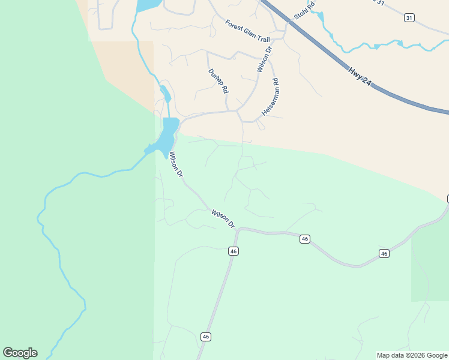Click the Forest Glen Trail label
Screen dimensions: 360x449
(x=247, y=31)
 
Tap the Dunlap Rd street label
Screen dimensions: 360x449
(x=218, y=80)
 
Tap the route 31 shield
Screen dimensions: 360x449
(x=409, y=18)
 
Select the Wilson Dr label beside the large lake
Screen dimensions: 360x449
(x=175, y=164)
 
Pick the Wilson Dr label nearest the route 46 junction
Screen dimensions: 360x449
(x=223, y=218)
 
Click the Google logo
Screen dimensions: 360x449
(x=20, y=353)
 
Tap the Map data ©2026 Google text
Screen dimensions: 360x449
(x=412, y=355)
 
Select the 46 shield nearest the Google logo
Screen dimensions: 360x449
(x=206, y=337)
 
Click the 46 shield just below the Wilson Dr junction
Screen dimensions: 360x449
(x=234, y=251)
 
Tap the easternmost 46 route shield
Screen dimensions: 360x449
(x=384, y=254)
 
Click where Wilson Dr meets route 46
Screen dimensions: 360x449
(x=239, y=229)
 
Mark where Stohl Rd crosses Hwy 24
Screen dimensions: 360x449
(x=291, y=22)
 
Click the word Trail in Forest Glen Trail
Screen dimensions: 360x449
(x=263, y=38)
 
